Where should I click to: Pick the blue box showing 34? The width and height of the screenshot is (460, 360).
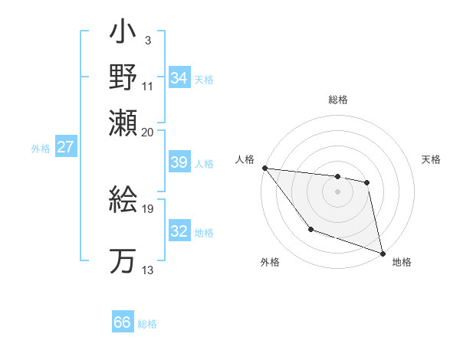(x=179, y=78)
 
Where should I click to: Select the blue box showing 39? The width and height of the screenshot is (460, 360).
(x=179, y=163)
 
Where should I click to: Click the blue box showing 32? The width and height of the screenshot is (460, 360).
(x=179, y=232)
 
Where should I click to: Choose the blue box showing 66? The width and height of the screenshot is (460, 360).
(x=123, y=322)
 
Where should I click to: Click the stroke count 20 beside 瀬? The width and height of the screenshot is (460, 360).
(x=148, y=132)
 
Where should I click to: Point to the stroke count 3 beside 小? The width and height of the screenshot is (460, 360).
(x=147, y=40)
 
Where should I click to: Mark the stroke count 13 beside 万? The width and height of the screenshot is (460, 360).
(x=148, y=269)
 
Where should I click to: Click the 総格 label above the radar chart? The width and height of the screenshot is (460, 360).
(x=338, y=100)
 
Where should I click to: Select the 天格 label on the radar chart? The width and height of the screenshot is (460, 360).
(x=432, y=159)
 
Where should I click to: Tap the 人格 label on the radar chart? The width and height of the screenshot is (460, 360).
(x=245, y=159)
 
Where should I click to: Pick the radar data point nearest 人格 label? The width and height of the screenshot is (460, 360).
(x=264, y=168)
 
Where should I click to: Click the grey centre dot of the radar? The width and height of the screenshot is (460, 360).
(x=337, y=191)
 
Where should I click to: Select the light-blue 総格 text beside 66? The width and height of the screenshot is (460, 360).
(x=148, y=324)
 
